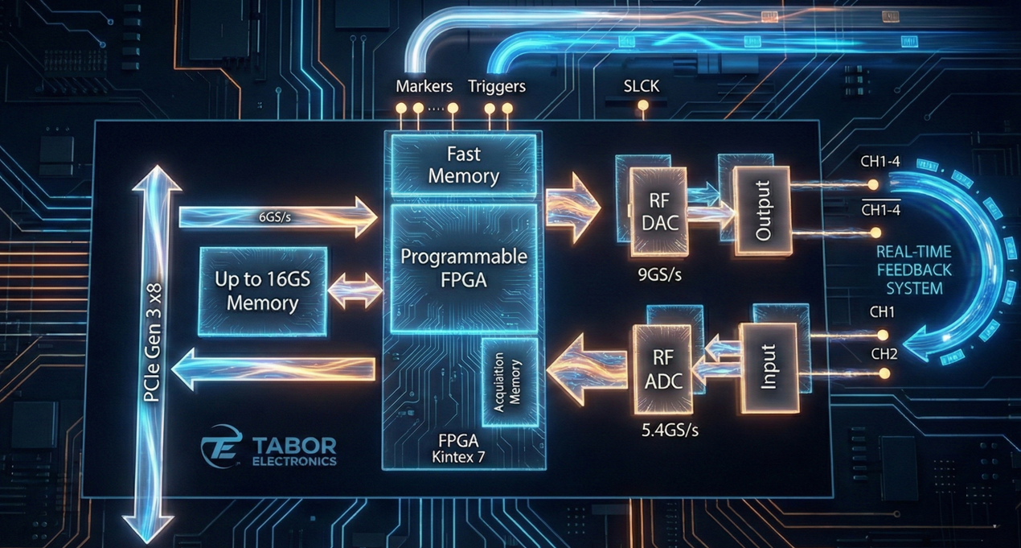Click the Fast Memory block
(x=463, y=164)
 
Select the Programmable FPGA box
(x=463, y=268)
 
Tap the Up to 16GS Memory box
(x=262, y=291)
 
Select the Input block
(x=769, y=367)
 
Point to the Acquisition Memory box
(x=508, y=381)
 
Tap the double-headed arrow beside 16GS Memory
(x=356, y=290)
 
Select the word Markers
(x=424, y=86)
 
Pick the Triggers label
(x=496, y=86)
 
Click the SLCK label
(x=642, y=86)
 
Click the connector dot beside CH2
(x=884, y=373)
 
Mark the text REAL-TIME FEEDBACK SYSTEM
(x=914, y=270)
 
